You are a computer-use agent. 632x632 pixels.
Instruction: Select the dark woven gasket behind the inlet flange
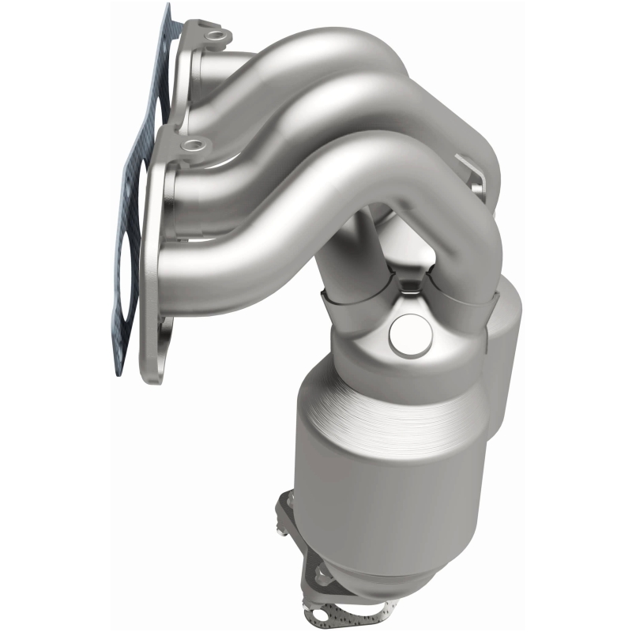[130, 197]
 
